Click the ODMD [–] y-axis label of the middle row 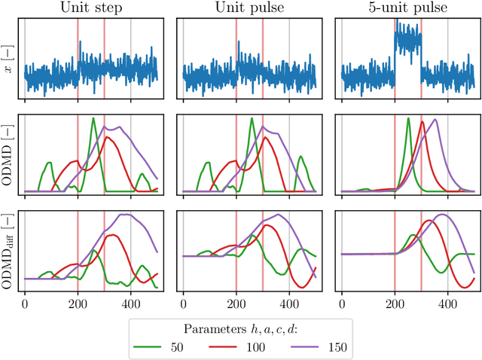pos(8,155)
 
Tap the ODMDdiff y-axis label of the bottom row pos(8,251)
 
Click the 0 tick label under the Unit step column pos(25,303)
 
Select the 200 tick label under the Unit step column pos(78,303)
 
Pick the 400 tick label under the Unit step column pos(131,303)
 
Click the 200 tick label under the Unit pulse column pos(236,303)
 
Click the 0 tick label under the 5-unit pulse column pos(342,303)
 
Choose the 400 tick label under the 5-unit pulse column pos(448,303)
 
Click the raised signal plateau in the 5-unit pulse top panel pos(407,41)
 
